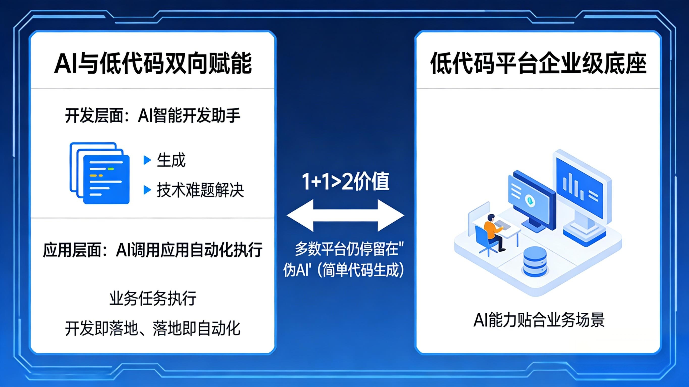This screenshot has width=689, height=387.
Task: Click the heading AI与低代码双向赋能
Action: pyautogui.click(x=153, y=63)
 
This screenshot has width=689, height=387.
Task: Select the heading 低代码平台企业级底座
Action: pyautogui.click(x=538, y=63)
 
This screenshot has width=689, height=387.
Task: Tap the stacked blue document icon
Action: pyautogui.click(x=100, y=173)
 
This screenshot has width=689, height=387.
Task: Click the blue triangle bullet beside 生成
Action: pyautogui.click(x=147, y=160)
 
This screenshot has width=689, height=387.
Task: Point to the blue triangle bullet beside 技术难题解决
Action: pyautogui.click(x=147, y=190)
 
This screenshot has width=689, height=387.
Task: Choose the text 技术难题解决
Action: pyautogui.click(x=200, y=190)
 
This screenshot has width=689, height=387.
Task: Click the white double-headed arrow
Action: pyautogui.click(x=345, y=215)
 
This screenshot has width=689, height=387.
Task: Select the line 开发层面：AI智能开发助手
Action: pyautogui.click(x=153, y=116)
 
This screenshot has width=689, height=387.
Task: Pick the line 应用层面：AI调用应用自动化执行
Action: pyautogui.click(x=153, y=250)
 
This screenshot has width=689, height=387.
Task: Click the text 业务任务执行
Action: pyautogui.click(x=153, y=298)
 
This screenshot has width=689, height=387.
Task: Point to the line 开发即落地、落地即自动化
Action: pyautogui.click(x=153, y=328)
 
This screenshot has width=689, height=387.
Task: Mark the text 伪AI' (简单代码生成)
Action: pyautogui.click(x=344, y=270)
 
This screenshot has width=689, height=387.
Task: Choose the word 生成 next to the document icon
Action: pyautogui.click(x=171, y=160)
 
